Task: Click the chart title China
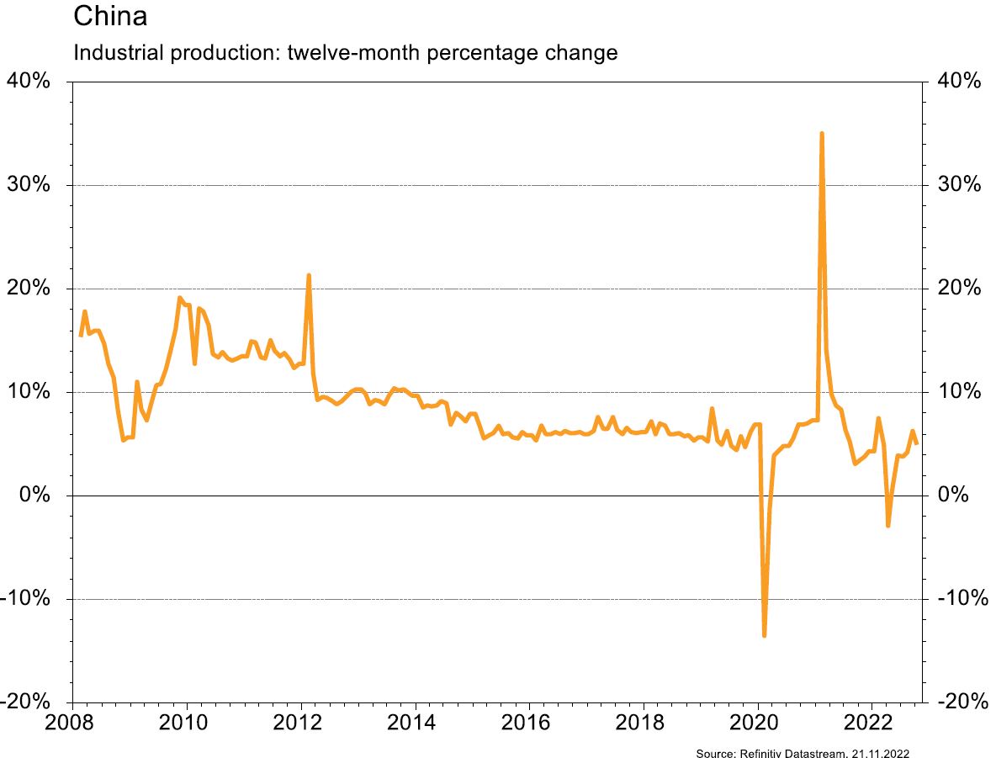click(x=110, y=15)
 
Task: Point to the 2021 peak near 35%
click(x=821, y=134)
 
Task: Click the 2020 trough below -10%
click(x=764, y=635)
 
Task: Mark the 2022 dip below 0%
click(x=887, y=525)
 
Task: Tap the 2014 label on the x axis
click(x=413, y=724)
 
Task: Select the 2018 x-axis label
click(x=643, y=724)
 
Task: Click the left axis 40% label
click(x=30, y=82)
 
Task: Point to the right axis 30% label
click(x=959, y=185)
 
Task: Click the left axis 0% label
click(x=37, y=496)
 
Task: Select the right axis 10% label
click(x=959, y=392)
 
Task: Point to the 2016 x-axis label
click(x=528, y=724)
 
